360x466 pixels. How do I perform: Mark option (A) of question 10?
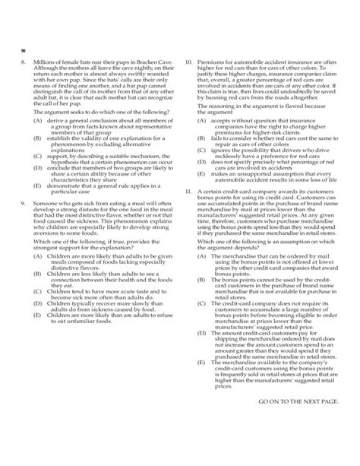pyautogui.click(x=201, y=120)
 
